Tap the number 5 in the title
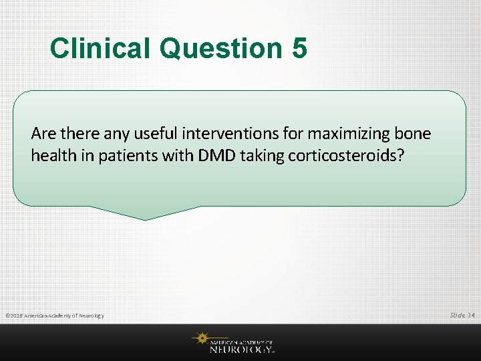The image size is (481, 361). click(x=299, y=48)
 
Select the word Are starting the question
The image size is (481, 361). click(x=41, y=134)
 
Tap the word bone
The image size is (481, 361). click(x=414, y=134)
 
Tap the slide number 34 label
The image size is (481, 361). click(x=462, y=315)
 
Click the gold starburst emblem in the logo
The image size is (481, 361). click(x=200, y=340)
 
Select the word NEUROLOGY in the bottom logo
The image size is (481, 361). click(x=240, y=348)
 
